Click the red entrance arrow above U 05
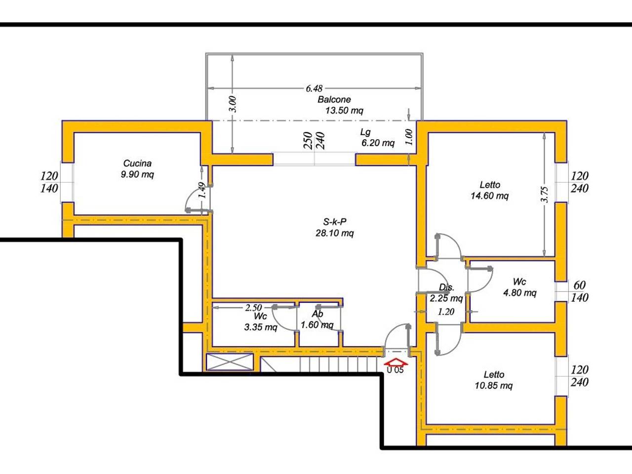[395, 362]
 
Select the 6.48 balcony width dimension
[314, 88]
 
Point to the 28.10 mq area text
[335, 233]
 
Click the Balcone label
[334, 100]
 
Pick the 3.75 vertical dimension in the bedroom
[545, 195]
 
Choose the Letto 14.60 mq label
[490, 190]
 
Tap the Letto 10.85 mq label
[494, 380]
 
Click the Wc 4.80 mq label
[520, 287]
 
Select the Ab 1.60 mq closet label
[317, 319]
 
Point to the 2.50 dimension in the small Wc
[253, 308]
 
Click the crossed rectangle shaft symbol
[230, 362]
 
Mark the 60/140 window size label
[579, 291]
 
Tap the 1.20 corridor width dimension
[446, 312]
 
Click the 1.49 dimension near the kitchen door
[202, 190]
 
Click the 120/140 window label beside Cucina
[49, 182]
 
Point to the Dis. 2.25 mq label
[446, 293]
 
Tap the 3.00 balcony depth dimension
[233, 104]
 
